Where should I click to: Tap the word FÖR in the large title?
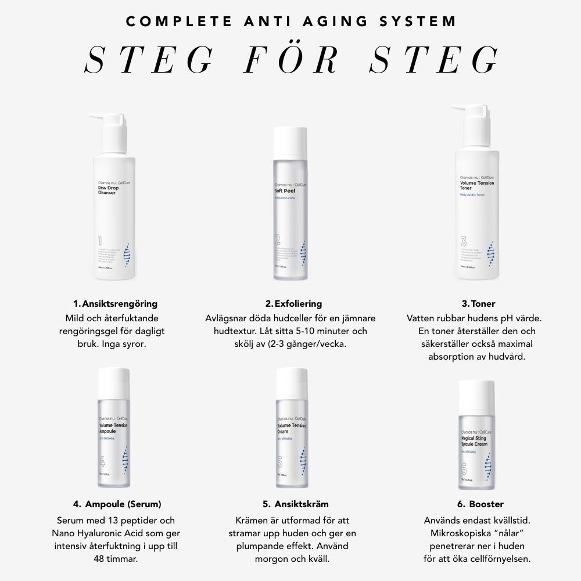click(x=291, y=60)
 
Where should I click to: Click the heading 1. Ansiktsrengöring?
click(x=115, y=304)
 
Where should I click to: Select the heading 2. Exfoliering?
click(x=293, y=304)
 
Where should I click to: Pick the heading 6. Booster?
click(x=480, y=504)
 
